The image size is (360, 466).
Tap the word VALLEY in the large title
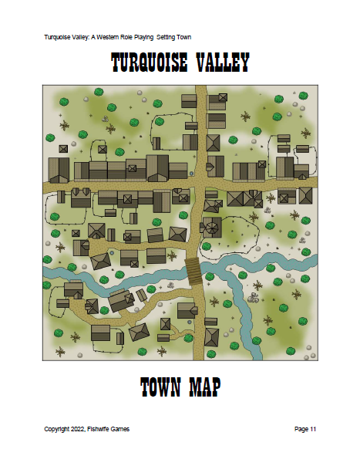[x=220, y=63]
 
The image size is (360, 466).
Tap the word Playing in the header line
[x=156, y=37]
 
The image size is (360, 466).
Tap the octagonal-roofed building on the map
[x=209, y=227]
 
